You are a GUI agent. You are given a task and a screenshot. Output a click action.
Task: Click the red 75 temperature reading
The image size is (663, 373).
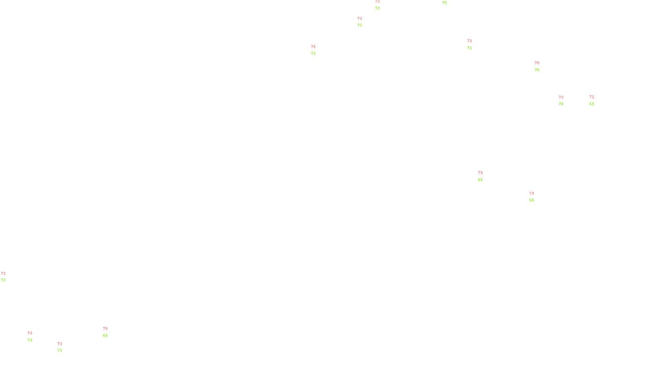pos(313,47)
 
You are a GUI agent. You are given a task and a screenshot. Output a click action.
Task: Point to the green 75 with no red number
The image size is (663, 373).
pos(445,3)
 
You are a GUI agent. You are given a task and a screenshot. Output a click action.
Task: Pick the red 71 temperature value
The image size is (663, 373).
pos(592,97)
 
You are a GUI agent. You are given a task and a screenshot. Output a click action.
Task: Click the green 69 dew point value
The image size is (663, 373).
pos(592,104)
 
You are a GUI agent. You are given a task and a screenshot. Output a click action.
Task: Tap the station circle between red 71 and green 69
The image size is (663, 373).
pos(595,100)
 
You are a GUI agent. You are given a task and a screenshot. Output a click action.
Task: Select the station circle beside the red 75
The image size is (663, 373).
pos(317,50)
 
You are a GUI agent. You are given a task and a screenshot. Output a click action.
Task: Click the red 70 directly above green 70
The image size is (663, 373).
pos(537,63)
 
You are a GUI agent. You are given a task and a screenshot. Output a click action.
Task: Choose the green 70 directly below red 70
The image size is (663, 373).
pos(537,70)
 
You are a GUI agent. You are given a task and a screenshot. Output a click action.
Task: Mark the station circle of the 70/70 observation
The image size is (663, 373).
pos(541,66)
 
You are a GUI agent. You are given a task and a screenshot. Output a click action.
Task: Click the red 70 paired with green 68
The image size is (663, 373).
pos(105,329)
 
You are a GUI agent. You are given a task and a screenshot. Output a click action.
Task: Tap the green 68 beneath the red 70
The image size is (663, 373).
pos(105,336)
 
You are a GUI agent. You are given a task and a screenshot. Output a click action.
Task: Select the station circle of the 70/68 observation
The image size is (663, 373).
pos(109,332)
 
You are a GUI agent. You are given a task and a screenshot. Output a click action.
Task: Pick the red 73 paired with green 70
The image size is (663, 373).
pos(561,97)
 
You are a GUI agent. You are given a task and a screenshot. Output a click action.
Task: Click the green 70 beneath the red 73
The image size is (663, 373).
pos(561,104)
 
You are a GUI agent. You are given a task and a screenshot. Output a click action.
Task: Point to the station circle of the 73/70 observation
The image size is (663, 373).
pos(565,101)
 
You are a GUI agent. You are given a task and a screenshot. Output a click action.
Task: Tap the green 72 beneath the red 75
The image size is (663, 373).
pos(313,53)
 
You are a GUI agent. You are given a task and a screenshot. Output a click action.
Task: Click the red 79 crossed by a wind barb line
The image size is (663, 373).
pos(532,194)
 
